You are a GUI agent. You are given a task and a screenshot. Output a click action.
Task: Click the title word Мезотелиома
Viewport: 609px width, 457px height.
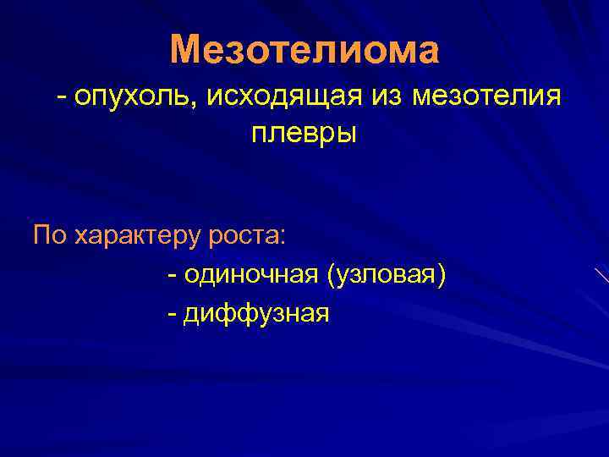click(x=304, y=51)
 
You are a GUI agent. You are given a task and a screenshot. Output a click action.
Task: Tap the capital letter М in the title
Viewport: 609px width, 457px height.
click(x=184, y=51)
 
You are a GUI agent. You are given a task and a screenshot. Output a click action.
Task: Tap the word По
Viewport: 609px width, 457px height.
click(x=50, y=234)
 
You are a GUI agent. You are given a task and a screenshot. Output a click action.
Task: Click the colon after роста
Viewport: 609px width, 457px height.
click(x=285, y=237)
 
